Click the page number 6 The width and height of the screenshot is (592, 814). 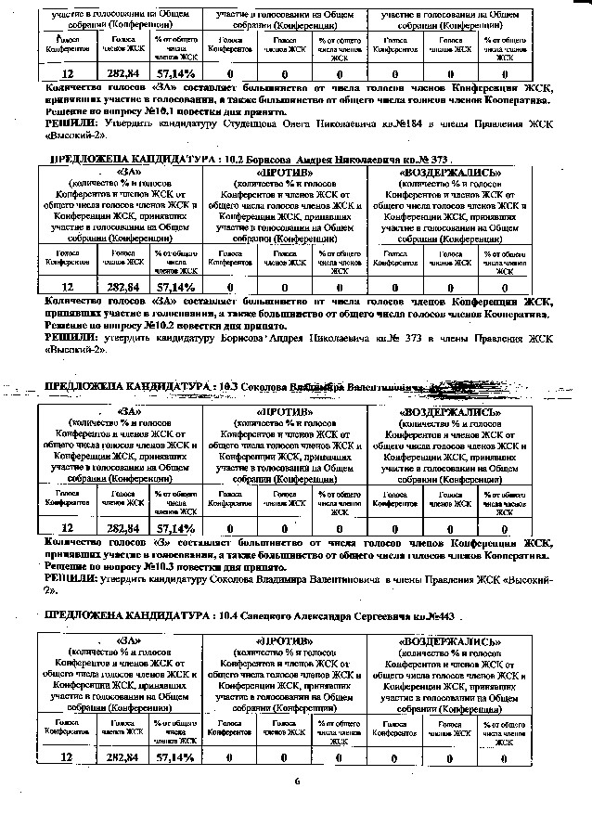pos(298,781)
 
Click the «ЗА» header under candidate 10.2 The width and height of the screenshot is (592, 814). pos(124,173)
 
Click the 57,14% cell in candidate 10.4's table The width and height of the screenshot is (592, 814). pos(175,757)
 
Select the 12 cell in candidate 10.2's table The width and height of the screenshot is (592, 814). pos(67,288)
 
